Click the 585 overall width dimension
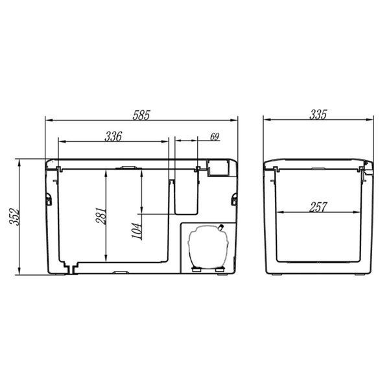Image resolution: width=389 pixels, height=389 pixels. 141,115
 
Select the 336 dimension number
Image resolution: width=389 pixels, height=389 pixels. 113,136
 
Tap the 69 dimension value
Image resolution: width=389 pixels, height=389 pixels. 215,137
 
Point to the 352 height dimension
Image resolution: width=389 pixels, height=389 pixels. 14,217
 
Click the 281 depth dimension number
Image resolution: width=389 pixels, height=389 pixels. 101,216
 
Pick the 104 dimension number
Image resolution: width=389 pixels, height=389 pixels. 137,231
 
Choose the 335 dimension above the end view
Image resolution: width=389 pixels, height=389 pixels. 318,115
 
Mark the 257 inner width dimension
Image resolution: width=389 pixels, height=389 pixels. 318,207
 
